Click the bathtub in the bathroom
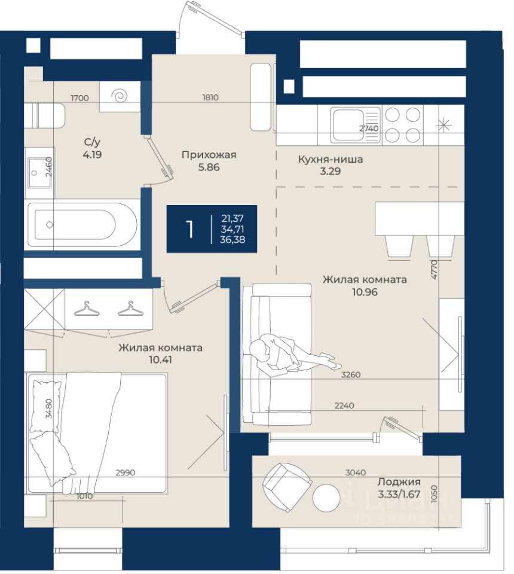coord(82,225)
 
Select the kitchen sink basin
coord(350,125)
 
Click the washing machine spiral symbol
coord(120,96)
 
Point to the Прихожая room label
coord(209,155)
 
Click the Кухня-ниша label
coord(331,159)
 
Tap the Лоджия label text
coord(399,482)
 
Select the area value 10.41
coord(160,360)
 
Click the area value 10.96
coord(365,292)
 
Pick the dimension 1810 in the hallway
coord(210,97)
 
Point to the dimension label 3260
coord(351,375)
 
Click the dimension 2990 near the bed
coord(126,472)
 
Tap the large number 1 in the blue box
coord(189,230)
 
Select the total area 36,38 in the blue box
coord(232,240)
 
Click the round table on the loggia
coord(326,498)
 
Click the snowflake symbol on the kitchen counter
coord(443,125)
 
